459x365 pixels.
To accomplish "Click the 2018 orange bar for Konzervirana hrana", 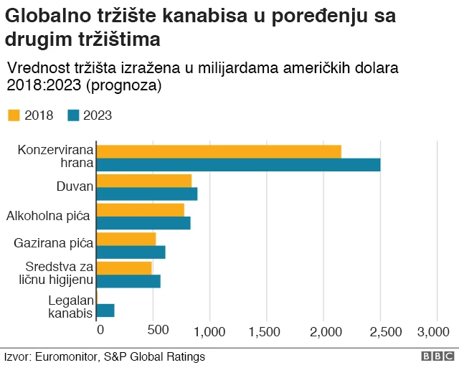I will tap(219, 151).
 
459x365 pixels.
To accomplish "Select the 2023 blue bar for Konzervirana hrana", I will tap(238, 164).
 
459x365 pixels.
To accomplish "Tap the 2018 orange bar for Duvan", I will tap(144, 180).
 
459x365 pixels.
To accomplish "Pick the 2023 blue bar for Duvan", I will tap(147, 194).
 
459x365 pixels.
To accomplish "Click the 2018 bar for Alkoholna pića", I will tap(141, 209).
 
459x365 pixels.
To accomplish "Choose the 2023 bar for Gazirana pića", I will tap(131, 252).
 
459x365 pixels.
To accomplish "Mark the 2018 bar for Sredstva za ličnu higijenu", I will tap(124, 267).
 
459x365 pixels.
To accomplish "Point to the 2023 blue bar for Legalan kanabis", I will tap(105, 311).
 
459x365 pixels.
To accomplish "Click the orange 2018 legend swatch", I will tap(14, 115).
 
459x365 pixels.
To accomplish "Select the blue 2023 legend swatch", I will tap(72, 115).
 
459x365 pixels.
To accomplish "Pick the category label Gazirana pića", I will tap(54, 243).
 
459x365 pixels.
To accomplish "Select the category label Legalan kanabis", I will tap(70, 307).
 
